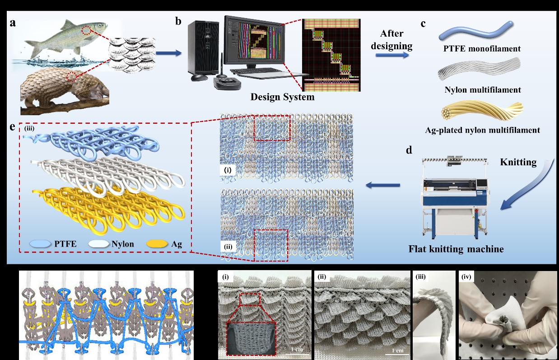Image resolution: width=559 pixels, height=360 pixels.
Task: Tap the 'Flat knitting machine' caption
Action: tap(456, 249)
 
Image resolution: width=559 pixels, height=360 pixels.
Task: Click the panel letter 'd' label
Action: tap(409, 150)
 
